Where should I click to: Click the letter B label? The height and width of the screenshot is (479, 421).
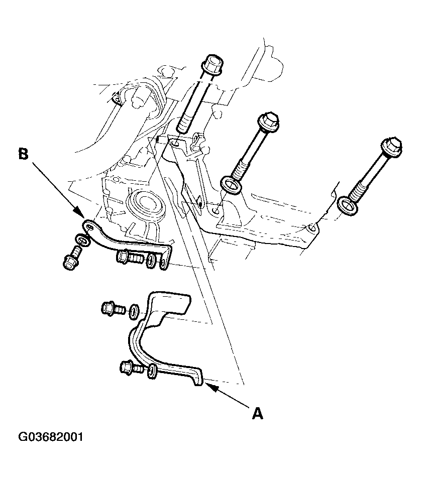[23, 154]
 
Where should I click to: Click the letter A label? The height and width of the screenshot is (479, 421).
[257, 414]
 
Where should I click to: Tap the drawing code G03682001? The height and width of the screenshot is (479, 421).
[51, 437]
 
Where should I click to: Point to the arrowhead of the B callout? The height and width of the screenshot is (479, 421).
[80, 213]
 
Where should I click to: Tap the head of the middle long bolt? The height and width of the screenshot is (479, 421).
[269, 121]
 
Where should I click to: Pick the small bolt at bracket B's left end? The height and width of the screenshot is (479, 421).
[72, 258]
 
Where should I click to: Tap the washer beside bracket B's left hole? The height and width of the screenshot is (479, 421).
[82, 240]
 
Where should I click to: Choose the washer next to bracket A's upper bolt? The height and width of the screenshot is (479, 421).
[134, 312]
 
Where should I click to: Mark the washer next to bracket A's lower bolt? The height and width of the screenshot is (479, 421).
[152, 372]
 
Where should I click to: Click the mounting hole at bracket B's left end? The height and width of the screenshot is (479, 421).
[89, 226]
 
